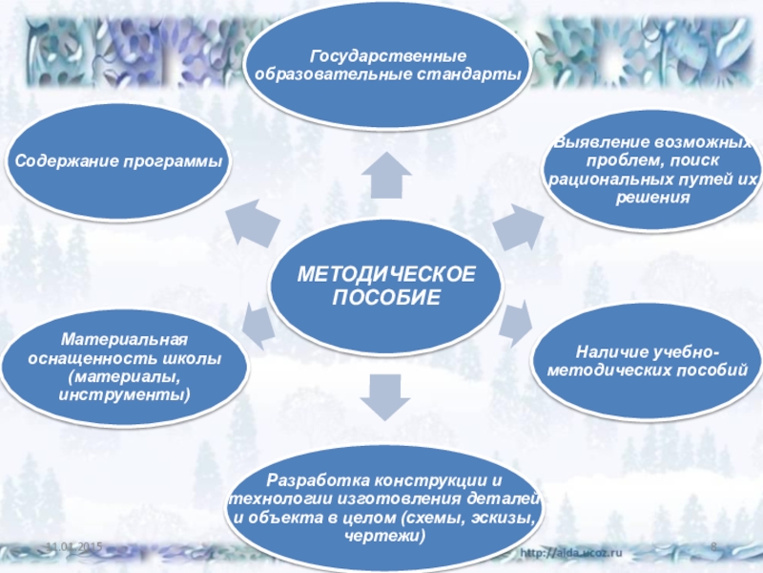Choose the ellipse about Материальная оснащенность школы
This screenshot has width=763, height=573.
[x=124, y=367]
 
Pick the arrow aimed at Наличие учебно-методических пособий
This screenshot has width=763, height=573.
[x=515, y=325]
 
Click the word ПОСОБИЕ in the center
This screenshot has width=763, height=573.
[x=385, y=299]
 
